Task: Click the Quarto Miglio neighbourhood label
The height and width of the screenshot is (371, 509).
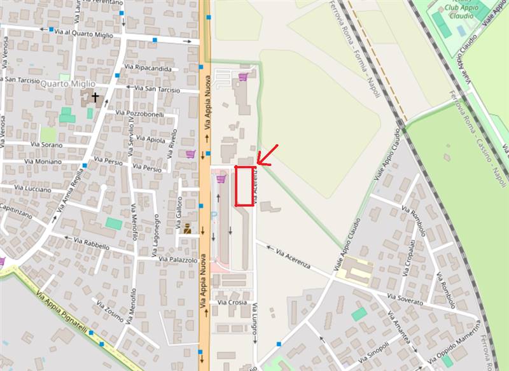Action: coord(66,83)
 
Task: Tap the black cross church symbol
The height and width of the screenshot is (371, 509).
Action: coord(95,97)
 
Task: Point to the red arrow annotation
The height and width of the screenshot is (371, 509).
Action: coord(267,155)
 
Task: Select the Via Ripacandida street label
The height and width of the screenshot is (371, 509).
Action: coord(148,67)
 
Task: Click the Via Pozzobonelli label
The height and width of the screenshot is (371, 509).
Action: coord(139,113)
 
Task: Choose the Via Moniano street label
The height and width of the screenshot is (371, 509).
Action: coord(43,162)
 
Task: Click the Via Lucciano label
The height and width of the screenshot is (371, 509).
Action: coord(31,188)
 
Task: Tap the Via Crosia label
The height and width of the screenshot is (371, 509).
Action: coord(232,302)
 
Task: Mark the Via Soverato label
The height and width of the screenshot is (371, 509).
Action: coord(405,299)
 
